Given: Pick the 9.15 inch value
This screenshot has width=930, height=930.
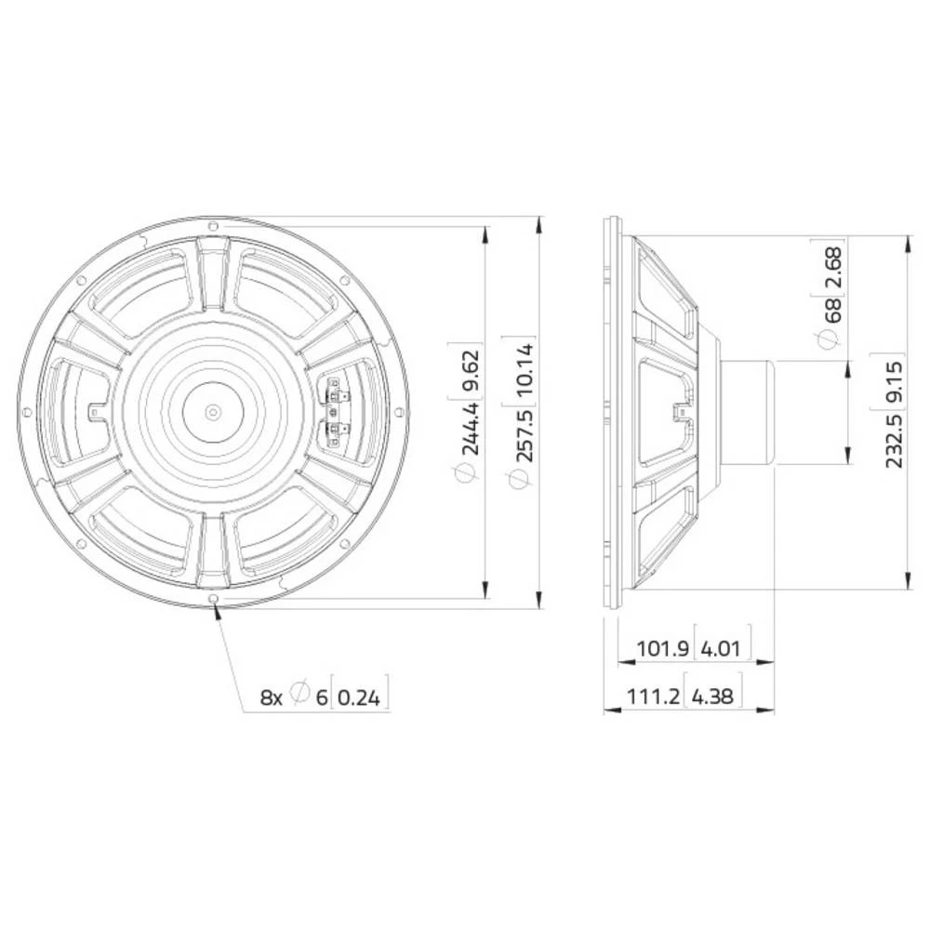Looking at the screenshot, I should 896,381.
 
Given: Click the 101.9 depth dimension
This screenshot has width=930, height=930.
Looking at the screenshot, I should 662,648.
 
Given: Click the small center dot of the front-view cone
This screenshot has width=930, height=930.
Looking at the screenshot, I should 213,411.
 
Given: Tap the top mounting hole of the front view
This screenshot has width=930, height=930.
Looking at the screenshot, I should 213,225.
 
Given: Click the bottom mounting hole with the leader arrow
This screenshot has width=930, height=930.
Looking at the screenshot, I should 214,598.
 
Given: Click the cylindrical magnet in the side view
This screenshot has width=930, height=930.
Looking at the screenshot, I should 747,412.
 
